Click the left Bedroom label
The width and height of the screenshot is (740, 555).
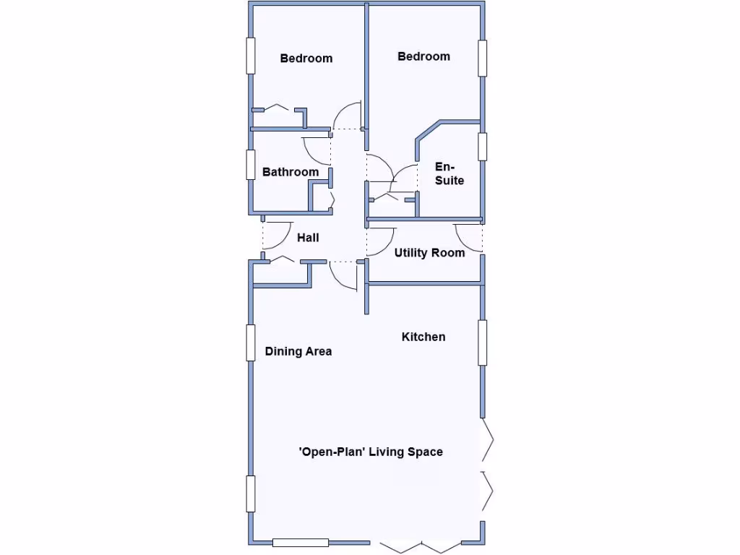pyautogui.click(x=306, y=59)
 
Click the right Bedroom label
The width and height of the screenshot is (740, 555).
pyautogui.click(x=423, y=56)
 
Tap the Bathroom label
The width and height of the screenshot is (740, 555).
pyautogui.click(x=290, y=172)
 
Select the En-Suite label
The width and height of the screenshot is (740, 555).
pyautogui.click(x=449, y=173)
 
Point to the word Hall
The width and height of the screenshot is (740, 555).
pyautogui.click(x=308, y=237)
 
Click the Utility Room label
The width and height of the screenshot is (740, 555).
pyautogui.click(x=429, y=253)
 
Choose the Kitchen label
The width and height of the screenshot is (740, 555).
pyautogui.click(x=423, y=337)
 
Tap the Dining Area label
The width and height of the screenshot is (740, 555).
pyautogui.click(x=298, y=352)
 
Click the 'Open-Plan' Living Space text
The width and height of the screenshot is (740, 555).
pyautogui.click(x=371, y=452)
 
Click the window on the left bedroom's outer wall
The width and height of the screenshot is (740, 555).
pyautogui.click(x=251, y=55)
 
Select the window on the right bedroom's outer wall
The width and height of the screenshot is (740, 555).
pyautogui.click(x=482, y=58)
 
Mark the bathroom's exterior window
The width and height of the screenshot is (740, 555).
pyautogui.click(x=251, y=165)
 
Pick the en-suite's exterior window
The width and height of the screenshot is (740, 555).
pyautogui.click(x=482, y=147)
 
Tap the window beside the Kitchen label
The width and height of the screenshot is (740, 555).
pyautogui.click(x=482, y=342)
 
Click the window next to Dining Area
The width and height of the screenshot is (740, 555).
pyautogui.click(x=251, y=343)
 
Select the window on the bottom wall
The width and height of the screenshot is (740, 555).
pyautogui.click(x=301, y=542)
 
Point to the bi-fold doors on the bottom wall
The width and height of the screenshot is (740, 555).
pyautogui.click(x=418, y=543)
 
